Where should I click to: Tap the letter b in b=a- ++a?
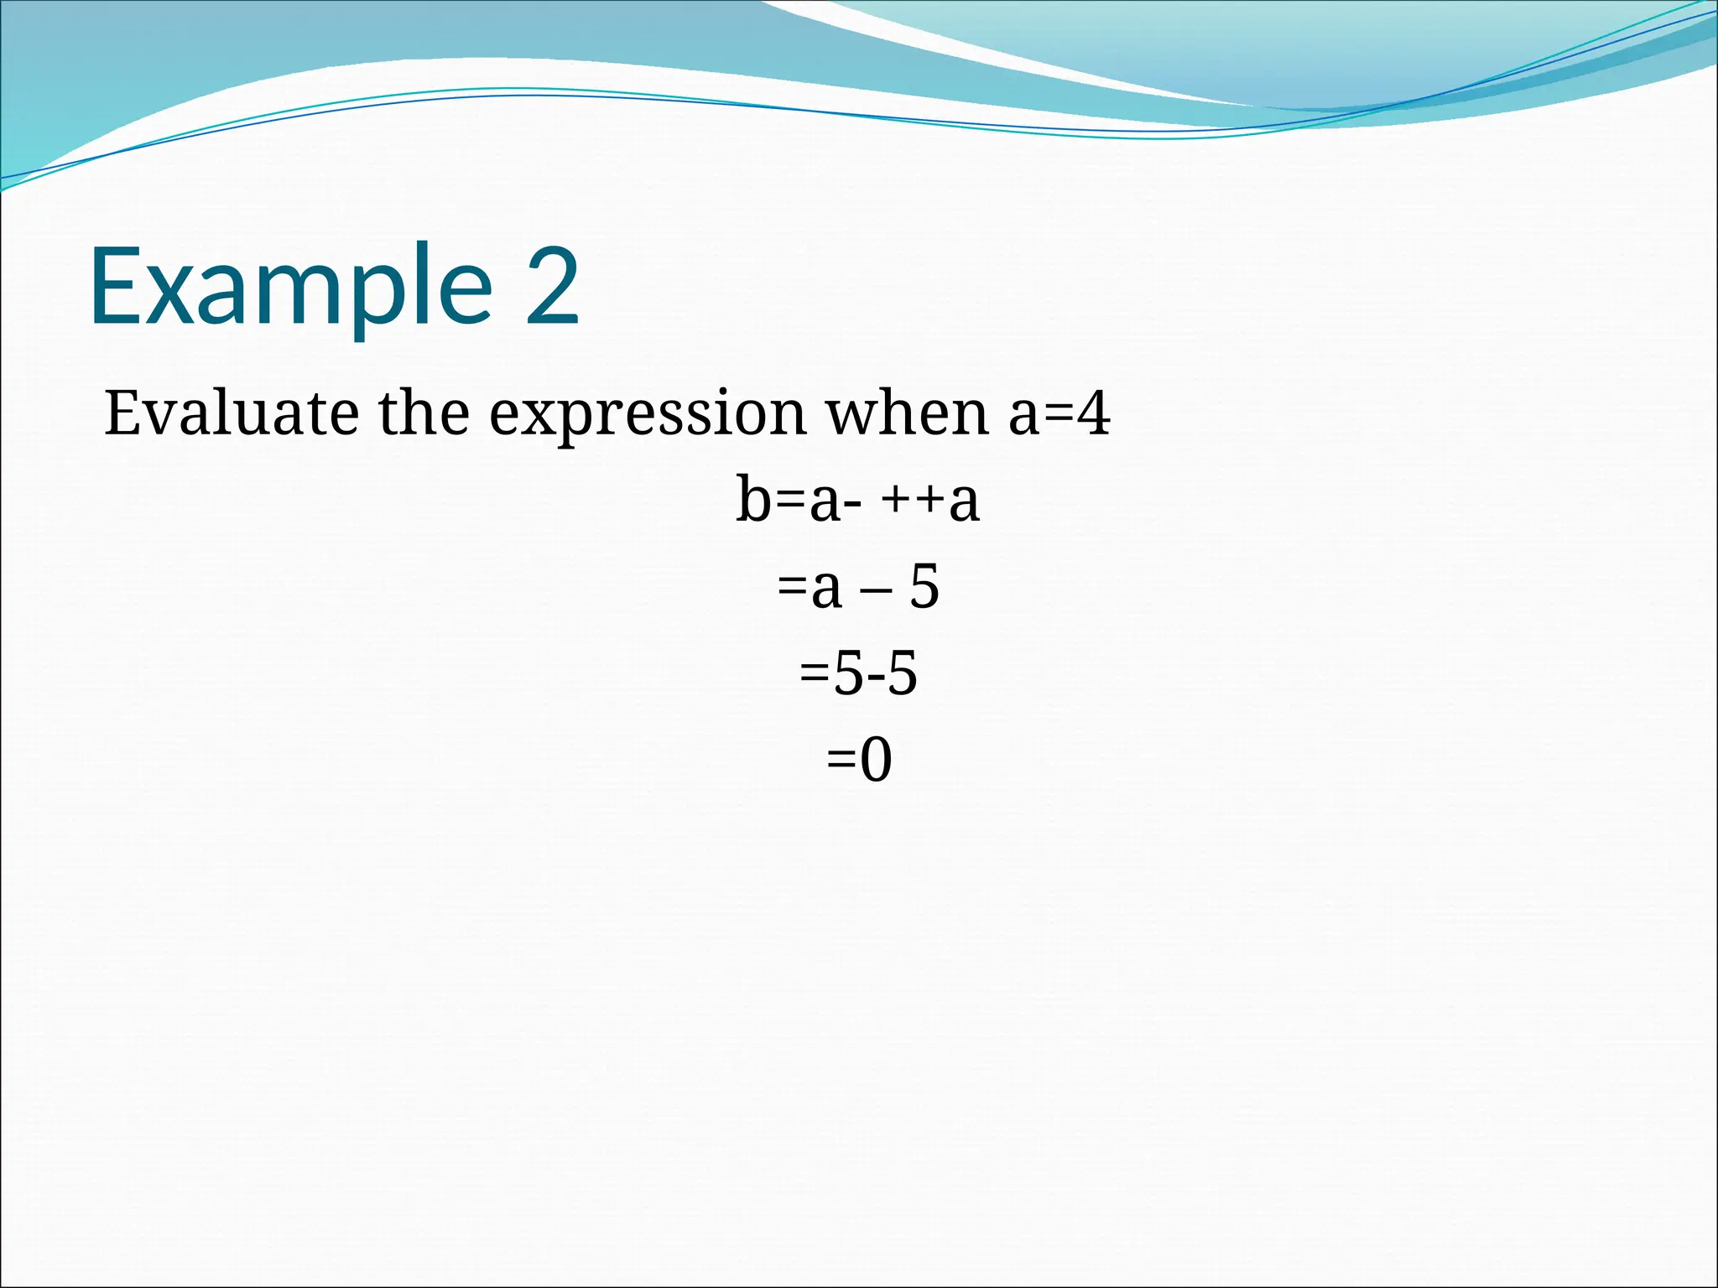pyautogui.click(x=752, y=500)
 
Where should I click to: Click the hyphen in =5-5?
pyautogui.click(x=875, y=678)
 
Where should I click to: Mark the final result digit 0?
pyautogui.click(x=876, y=760)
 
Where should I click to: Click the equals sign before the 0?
pyautogui.click(x=841, y=761)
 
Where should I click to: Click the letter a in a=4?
pyautogui.click(x=1024, y=416)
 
